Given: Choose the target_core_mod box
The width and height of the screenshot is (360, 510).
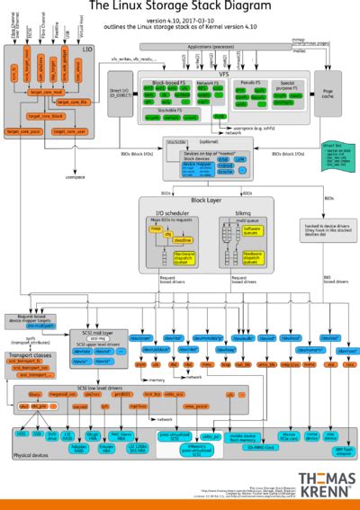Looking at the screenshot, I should point(46,92).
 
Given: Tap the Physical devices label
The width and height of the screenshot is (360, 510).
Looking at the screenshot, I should point(31,456).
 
